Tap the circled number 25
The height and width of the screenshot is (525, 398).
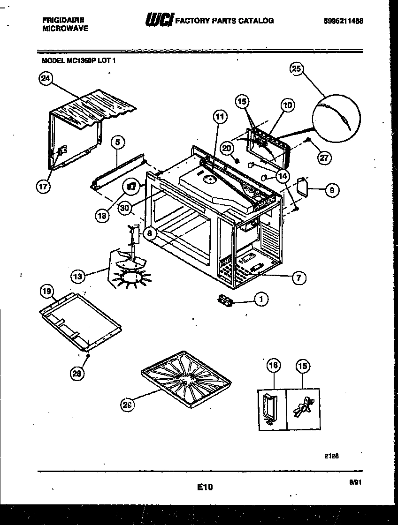297,68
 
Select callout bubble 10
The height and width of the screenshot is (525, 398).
287,105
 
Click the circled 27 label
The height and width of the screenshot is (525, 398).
324,157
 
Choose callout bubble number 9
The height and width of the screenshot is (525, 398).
332,190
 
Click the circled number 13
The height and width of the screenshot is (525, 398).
78,277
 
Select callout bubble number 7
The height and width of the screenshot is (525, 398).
298,278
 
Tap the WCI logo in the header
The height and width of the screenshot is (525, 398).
160,20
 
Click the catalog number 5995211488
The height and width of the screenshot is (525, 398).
343,21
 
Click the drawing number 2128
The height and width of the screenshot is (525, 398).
331,455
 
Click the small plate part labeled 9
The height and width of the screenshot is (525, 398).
302,187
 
